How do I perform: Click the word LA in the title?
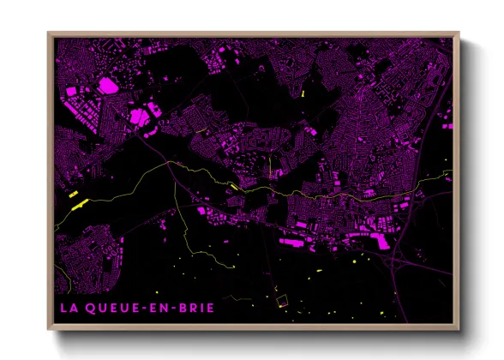click(x=67, y=306)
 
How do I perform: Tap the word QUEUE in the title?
click(x=108, y=306)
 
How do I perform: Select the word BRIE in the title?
click(x=194, y=306)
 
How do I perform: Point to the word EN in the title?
click(x=156, y=306)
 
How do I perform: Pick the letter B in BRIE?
click(x=178, y=306)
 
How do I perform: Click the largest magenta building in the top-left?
click(x=107, y=85)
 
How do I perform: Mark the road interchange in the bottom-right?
click(x=396, y=266)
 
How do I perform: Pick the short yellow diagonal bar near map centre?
click(x=233, y=186)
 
